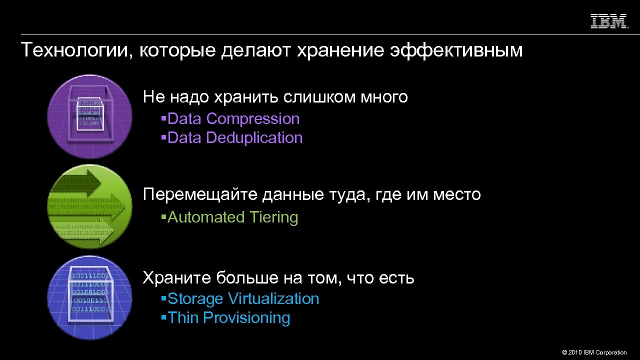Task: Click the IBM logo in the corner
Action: click(609, 21)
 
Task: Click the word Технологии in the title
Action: click(75, 50)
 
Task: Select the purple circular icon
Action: click(90, 116)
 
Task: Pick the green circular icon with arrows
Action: click(90, 206)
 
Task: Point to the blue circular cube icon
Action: click(90, 297)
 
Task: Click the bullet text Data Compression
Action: click(233, 119)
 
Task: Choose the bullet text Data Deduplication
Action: click(235, 138)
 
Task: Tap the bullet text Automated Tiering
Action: click(232, 217)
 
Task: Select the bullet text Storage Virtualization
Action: click(243, 299)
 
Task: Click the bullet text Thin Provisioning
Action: click(229, 318)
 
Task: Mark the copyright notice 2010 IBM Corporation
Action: click(594, 352)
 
